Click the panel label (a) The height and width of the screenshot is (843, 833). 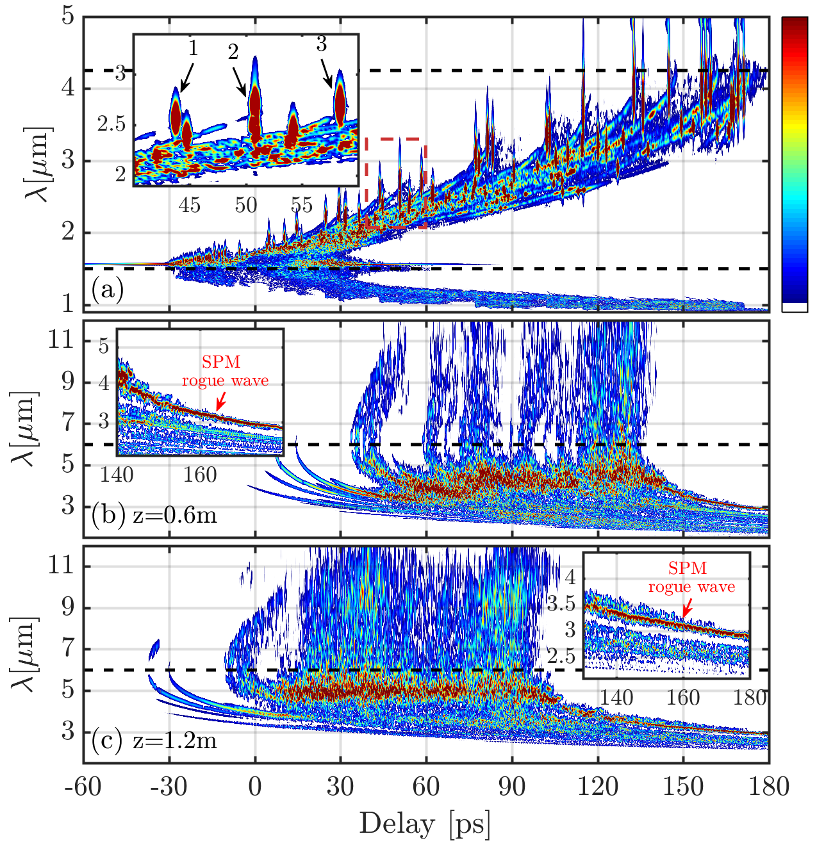107,290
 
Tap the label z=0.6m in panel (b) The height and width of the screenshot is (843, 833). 175,515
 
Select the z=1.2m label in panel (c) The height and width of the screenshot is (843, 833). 175,741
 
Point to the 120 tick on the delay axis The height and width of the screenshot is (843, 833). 598,787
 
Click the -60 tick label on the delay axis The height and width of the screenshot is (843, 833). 83,787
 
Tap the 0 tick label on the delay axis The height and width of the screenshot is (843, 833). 255,787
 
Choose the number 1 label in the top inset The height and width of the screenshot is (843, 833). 193,49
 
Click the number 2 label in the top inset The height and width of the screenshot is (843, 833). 233,52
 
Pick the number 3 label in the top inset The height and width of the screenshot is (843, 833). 321,44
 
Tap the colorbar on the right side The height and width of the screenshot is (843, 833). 795,164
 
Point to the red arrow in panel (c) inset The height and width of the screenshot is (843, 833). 688,608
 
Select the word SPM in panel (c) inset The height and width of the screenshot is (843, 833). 688,568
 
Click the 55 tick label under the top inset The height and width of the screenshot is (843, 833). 302,205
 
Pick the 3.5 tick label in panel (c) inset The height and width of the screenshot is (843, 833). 561,604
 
